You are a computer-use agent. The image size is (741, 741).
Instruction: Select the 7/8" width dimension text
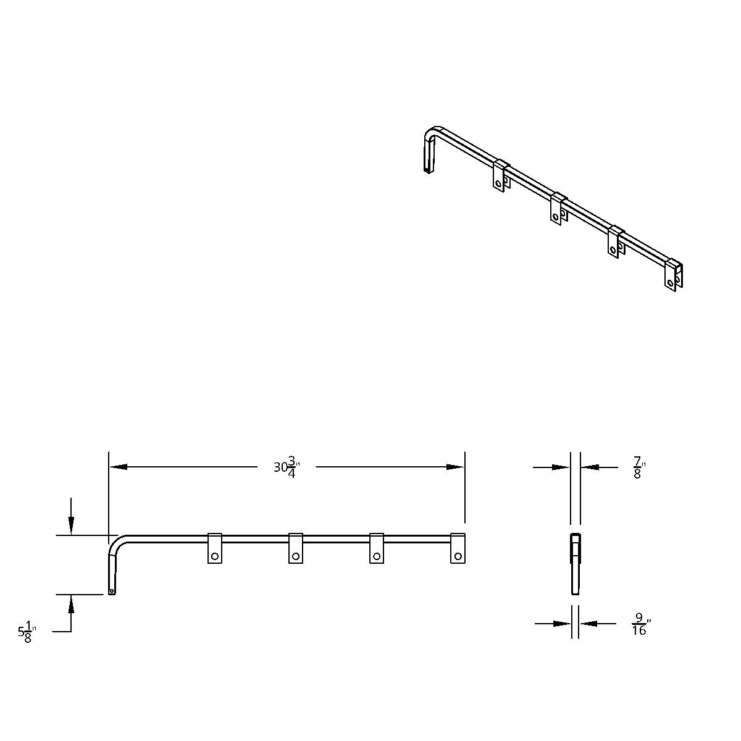tap(638, 467)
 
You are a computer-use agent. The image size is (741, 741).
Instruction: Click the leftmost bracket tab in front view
tap(214, 548)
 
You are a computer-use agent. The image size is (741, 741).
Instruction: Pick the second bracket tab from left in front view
tap(295, 548)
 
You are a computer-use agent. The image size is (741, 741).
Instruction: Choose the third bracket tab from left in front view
tap(376, 548)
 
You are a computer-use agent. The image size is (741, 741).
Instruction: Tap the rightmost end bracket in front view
tap(457, 548)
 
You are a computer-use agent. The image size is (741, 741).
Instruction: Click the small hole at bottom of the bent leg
tap(111, 591)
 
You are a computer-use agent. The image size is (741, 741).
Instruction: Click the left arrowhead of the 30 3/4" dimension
tap(118, 467)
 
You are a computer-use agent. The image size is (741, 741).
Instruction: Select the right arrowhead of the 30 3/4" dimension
tap(456, 467)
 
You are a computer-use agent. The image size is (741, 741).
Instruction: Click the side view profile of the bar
tap(576, 563)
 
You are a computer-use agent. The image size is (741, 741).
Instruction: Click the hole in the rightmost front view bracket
tap(457, 556)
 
